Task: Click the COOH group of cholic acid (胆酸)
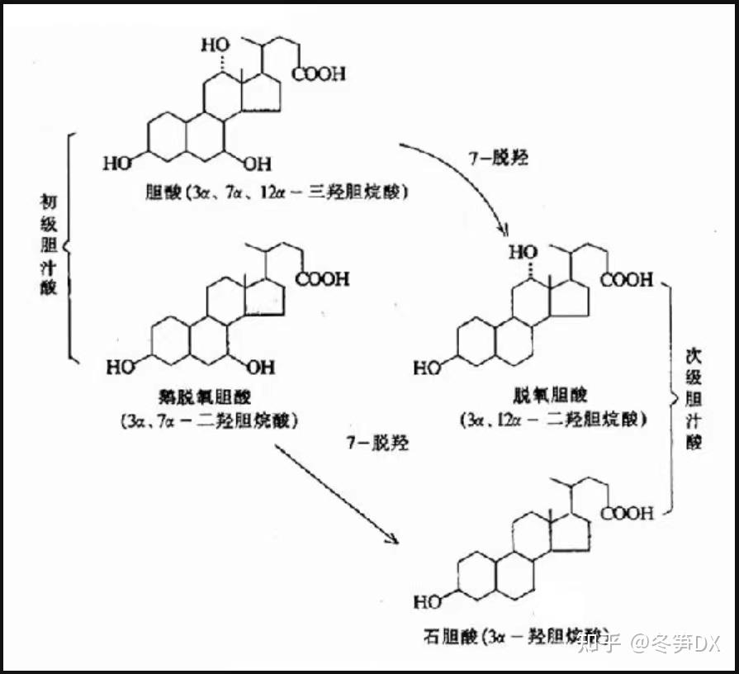click(320, 74)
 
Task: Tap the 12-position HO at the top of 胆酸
click(216, 45)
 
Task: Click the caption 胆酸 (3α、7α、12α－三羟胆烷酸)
click(277, 192)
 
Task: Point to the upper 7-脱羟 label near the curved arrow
click(498, 158)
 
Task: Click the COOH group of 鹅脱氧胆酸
click(323, 279)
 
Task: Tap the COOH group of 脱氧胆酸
click(627, 281)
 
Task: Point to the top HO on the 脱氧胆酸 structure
click(523, 251)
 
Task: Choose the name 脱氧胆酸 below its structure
click(553, 395)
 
